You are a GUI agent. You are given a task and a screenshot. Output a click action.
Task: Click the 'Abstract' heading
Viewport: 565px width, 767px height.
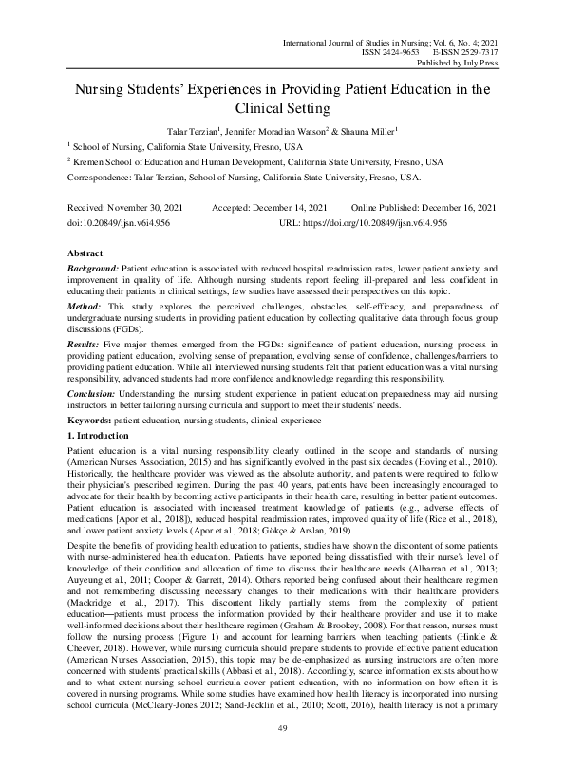85,254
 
